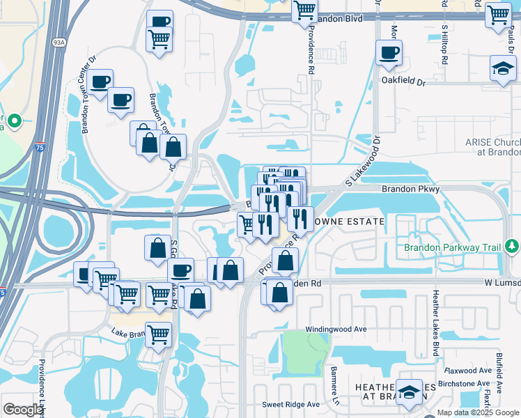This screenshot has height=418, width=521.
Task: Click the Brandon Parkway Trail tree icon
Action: coord(513,246)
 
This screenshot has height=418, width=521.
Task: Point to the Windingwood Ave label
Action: coord(336,329)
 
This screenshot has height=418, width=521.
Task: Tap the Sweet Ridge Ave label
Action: coord(290,404)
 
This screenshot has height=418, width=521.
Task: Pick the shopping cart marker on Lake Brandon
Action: coord(159,334)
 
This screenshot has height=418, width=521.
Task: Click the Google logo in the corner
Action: coord(23,410)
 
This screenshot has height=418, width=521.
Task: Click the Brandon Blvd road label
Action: coord(339,19)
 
